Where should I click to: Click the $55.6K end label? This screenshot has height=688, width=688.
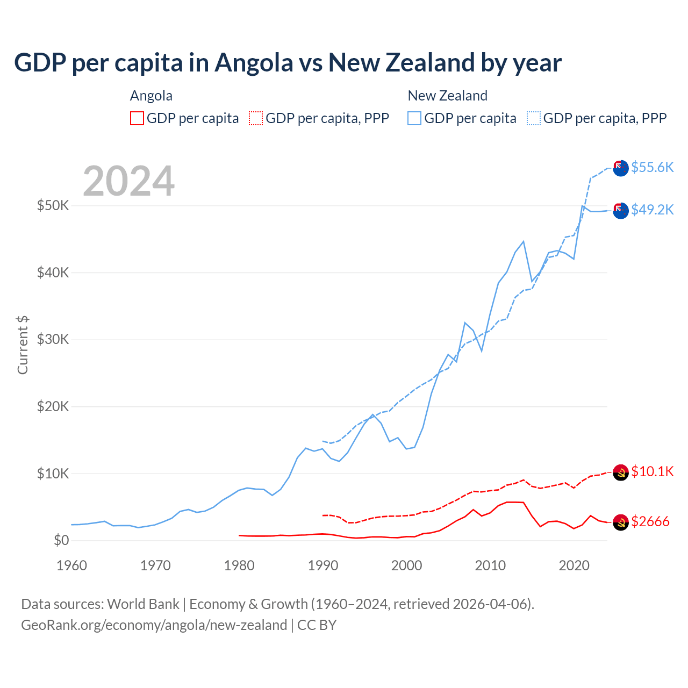pos(652,167)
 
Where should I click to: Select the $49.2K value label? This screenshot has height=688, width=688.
pos(652,210)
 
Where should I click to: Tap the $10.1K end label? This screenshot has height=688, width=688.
pos(652,471)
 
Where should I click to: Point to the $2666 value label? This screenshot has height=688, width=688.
pos(650,521)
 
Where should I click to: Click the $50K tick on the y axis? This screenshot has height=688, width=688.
pos(53,205)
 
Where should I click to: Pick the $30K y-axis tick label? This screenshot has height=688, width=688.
pos(53,339)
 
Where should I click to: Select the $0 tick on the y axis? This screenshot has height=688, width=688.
pos(61,540)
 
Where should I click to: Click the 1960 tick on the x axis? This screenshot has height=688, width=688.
pos(71,565)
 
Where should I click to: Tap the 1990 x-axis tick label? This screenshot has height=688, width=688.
pos(322,565)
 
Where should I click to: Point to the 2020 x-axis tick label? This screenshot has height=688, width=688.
pos(574,565)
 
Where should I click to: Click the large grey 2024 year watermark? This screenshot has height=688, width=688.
pos(129,181)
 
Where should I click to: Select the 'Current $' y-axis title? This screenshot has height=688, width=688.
pos(23,345)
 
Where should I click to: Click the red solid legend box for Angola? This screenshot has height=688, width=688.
pos(137,118)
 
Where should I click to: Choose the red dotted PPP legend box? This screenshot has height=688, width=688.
pos(256,118)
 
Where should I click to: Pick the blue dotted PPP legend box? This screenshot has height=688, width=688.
pos(534,118)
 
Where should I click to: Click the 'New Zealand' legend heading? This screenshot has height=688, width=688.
pos(447,96)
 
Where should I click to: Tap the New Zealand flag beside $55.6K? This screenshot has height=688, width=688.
pos(620,168)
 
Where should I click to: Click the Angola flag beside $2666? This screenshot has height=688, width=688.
pos(620,522)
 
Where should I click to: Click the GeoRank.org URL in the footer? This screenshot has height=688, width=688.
pos(154,625)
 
